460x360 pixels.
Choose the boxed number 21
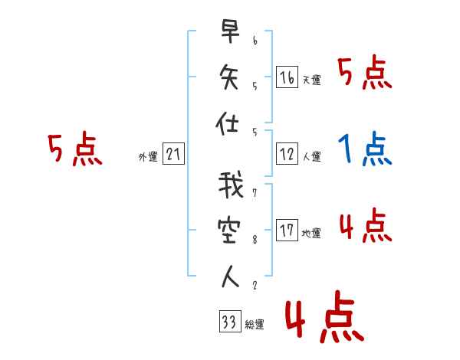tap(172, 155)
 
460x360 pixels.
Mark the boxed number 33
tap(228, 322)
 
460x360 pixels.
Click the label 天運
tap(312, 80)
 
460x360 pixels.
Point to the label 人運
tap(312, 156)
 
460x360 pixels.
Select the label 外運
tap(148, 157)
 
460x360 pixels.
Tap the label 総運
tap(254, 325)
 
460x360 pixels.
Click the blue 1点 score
tap(365, 149)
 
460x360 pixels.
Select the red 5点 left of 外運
tap(74, 149)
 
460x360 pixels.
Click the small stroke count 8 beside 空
tap(255, 240)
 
